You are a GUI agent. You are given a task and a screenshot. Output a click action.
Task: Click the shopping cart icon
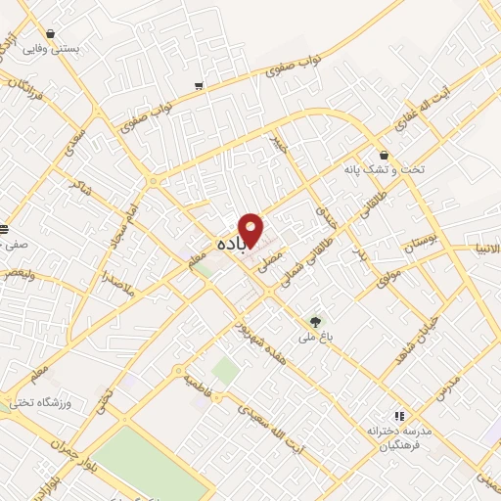pyautogui.click(x=200, y=87)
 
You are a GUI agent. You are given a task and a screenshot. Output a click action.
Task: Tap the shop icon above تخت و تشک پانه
pyautogui.click(x=385, y=155)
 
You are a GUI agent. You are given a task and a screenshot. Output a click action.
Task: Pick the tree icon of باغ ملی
pyautogui.click(x=314, y=321)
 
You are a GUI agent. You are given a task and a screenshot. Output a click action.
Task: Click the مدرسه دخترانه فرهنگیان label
pyautogui.click(x=402, y=434)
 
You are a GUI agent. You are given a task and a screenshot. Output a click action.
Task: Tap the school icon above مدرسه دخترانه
pyautogui.click(x=398, y=415)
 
